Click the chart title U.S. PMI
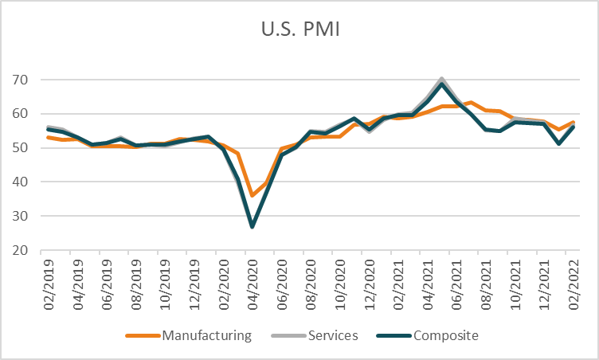pyautogui.click(x=300, y=29)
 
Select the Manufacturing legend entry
pyautogui.click(x=189, y=335)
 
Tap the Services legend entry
pyautogui.click(x=315, y=335)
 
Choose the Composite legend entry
pyautogui.click(x=428, y=335)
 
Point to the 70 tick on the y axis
pyautogui.click(x=20, y=80)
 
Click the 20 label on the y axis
pyautogui.click(x=20, y=250)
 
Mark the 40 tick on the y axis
pyautogui.click(x=20, y=182)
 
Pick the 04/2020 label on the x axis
pyautogui.click(x=253, y=284)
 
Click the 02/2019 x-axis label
pyautogui.click(x=49, y=284)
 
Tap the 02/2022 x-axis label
pyautogui.click(x=574, y=284)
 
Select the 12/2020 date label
pyautogui.click(x=370, y=284)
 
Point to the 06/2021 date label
pyautogui.click(x=457, y=284)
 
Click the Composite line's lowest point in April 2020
pyautogui.click(x=253, y=227)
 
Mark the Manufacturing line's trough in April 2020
pyautogui.click(x=253, y=195)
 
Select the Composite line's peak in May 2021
pyautogui.click(x=441, y=84)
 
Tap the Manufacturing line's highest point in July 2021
pyautogui.click(x=471, y=103)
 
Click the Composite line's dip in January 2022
pyautogui.click(x=559, y=143)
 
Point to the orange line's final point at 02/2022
pyautogui.click(x=574, y=123)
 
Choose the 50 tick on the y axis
pyautogui.click(x=20, y=148)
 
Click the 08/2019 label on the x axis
pyautogui.click(x=136, y=284)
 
